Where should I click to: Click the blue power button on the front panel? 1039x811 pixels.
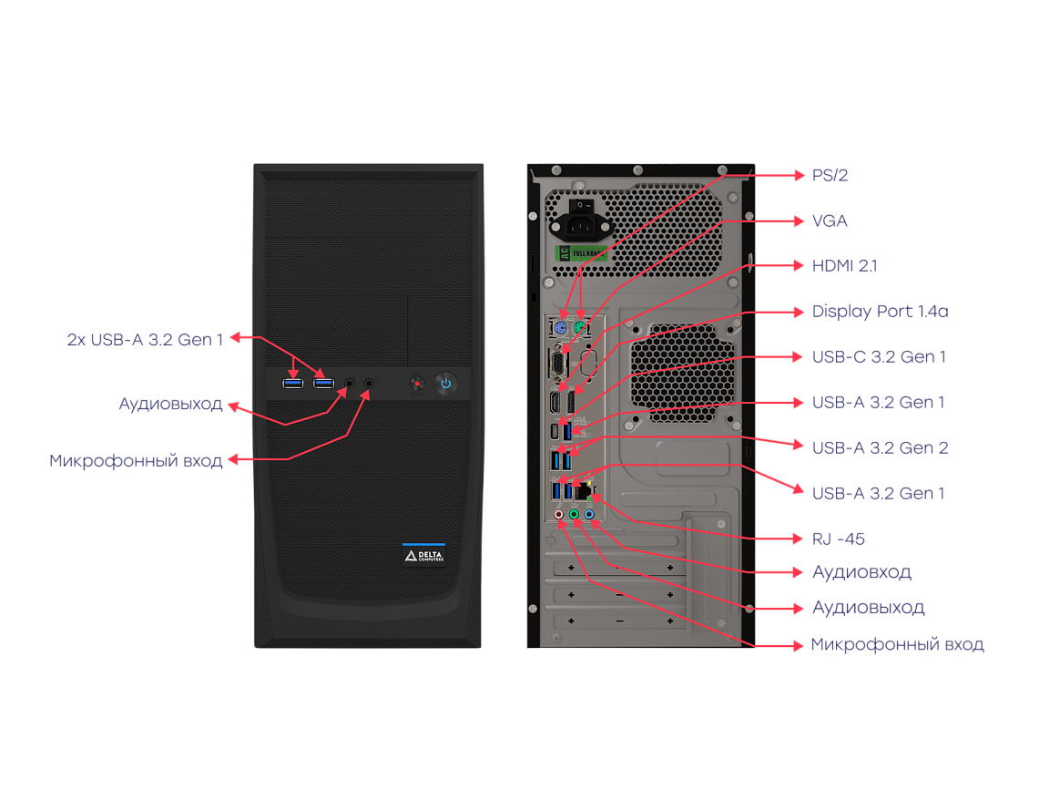tap(445, 383)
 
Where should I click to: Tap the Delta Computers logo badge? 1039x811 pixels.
tap(423, 556)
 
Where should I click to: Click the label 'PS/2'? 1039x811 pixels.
tap(830, 175)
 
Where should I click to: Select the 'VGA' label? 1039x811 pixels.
tap(830, 221)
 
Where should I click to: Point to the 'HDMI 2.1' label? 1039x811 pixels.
tap(845, 266)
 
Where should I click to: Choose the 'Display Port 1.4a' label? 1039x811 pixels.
tap(881, 312)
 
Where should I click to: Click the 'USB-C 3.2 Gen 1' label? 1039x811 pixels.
tap(879, 356)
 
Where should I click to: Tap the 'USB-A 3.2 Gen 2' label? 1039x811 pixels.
tap(881, 447)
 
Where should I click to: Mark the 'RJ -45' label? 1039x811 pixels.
tap(839, 538)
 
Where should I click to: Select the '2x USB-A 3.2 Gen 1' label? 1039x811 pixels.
tap(145, 339)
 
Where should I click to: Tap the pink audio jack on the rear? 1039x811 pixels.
tap(561, 515)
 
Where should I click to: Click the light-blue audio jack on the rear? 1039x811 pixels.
tap(590, 515)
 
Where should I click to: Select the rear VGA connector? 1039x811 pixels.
tap(556, 362)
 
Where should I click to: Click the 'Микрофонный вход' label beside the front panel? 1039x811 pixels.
tap(136, 460)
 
